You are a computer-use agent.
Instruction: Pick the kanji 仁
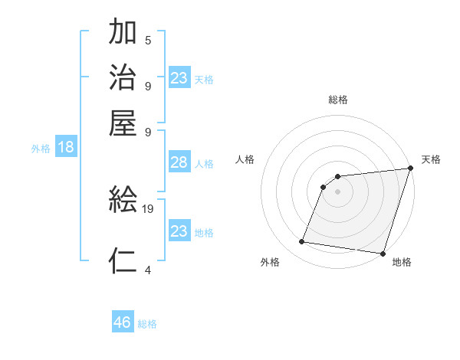click(123, 260)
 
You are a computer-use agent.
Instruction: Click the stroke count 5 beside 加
click(148, 41)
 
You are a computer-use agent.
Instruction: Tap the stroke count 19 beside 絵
click(149, 209)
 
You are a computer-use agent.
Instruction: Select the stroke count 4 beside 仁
click(148, 270)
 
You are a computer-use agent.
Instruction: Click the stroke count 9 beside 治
click(148, 85)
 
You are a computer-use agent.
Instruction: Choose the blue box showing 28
click(179, 162)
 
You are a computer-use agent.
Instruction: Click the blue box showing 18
click(66, 148)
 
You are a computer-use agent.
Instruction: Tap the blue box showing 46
click(123, 322)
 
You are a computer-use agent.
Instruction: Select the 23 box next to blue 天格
click(179, 77)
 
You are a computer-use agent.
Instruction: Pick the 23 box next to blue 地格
click(179, 231)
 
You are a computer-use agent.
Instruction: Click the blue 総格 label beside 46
click(147, 324)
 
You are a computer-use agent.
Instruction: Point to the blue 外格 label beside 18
click(41, 149)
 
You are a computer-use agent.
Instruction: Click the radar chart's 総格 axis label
click(338, 100)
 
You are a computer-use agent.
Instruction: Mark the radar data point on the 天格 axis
click(411, 169)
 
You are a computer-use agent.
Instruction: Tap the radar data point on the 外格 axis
click(302, 242)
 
